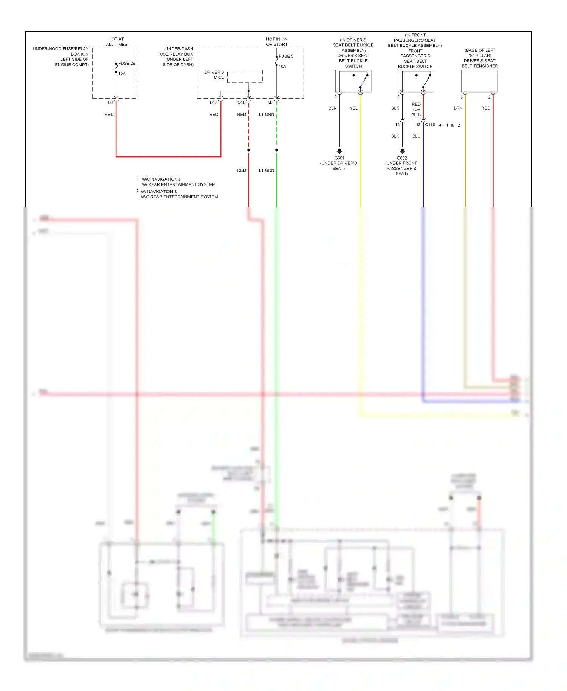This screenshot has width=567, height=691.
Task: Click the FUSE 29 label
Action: (x=127, y=64)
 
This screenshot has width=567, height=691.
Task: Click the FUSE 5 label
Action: (x=286, y=56)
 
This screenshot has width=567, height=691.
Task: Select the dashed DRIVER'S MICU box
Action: (x=245, y=76)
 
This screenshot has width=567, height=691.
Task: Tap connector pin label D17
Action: (x=214, y=102)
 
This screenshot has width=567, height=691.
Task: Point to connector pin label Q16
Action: (x=241, y=102)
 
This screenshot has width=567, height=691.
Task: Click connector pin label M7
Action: (x=270, y=102)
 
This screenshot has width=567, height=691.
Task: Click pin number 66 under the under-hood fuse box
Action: (x=110, y=102)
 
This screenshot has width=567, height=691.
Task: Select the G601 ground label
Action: (x=339, y=158)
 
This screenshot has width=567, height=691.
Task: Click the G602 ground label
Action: (x=402, y=158)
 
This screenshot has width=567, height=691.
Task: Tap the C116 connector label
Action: (x=430, y=125)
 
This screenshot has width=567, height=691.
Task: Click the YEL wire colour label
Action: (x=353, y=108)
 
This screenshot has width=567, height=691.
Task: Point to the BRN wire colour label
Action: (x=458, y=108)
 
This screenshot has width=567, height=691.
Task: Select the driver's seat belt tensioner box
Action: (x=479, y=81)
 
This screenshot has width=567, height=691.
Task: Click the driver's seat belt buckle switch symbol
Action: (x=353, y=81)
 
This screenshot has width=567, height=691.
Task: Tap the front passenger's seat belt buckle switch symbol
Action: (x=416, y=81)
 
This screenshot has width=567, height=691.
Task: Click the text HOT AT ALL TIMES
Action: (x=116, y=42)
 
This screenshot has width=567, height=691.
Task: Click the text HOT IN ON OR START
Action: (x=277, y=42)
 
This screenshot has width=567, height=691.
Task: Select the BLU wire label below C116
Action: (x=416, y=136)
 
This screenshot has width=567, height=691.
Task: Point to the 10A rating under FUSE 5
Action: (x=282, y=67)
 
